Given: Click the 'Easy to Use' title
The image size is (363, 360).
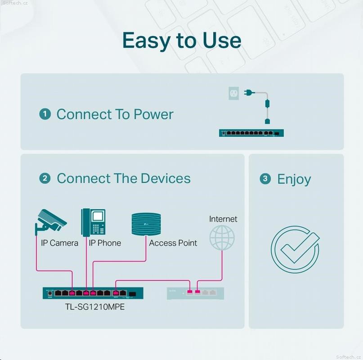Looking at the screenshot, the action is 182,41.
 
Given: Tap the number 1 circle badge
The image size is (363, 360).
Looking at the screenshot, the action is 45,114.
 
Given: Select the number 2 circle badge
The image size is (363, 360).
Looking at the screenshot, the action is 45,178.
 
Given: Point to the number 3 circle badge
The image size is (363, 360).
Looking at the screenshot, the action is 265,179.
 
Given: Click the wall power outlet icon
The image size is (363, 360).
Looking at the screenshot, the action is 233,93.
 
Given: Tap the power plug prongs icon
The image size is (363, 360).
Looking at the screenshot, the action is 249,93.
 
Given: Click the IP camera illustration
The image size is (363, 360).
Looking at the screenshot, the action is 51,222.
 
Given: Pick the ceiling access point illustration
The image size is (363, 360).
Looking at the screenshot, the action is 146,224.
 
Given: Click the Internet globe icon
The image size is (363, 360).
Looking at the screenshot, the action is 222,238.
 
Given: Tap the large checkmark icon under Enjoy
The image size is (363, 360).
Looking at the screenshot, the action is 295,249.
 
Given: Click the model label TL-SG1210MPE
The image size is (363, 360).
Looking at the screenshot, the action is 95,307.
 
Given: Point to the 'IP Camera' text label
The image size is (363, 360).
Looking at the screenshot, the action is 59,243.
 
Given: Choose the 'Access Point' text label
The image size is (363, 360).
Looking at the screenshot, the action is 173,243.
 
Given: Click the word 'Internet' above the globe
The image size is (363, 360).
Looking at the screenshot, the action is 223,219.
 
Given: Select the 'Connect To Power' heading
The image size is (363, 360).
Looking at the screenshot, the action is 115,114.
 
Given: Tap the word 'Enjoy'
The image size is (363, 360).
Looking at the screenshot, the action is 294,180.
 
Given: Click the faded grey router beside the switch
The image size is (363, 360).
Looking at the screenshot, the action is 195,293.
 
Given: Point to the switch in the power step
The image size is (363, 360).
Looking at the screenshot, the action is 251,133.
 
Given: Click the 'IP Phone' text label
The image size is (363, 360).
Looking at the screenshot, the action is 105,243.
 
